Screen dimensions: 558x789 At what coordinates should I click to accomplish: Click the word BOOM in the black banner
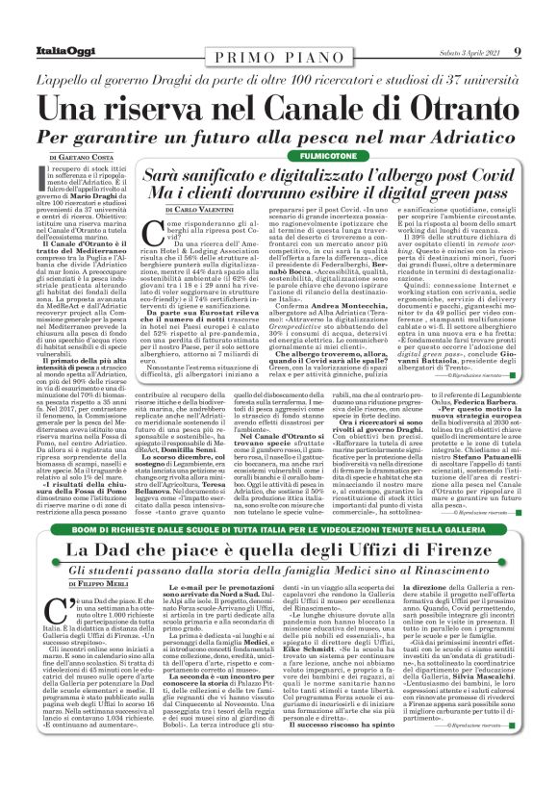click(x=94, y=530)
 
